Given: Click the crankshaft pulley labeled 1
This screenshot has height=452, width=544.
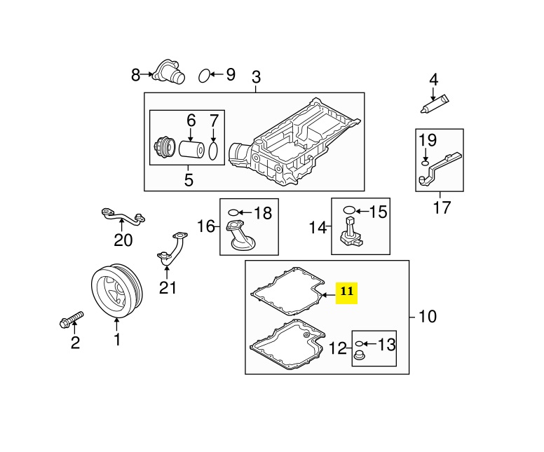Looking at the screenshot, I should [x=116, y=290].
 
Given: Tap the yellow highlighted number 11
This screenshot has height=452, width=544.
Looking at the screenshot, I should [x=348, y=291].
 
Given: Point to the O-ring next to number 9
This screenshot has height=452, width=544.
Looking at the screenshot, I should [x=204, y=75].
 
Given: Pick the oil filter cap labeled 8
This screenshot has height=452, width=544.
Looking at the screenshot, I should [x=168, y=74].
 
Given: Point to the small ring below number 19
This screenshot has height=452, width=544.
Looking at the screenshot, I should [x=425, y=164].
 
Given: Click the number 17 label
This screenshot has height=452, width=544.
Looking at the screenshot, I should [x=442, y=207].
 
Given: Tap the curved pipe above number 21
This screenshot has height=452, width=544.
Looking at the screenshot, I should [x=172, y=249].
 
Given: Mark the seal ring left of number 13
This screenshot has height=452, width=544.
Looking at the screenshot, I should [x=358, y=344].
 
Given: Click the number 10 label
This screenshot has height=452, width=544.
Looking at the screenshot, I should [x=427, y=317].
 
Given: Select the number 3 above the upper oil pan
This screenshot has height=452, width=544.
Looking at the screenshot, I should [x=255, y=76].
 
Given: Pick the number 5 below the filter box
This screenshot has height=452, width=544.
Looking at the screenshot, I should [x=188, y=180].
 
